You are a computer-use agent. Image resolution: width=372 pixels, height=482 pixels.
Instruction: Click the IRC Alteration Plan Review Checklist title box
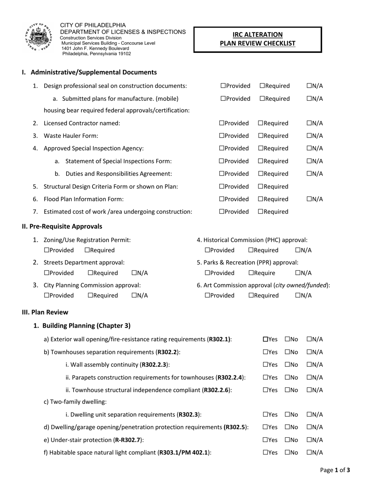[x=257, y=39]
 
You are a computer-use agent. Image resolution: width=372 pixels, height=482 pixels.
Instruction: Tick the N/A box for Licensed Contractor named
[x=309, y=123]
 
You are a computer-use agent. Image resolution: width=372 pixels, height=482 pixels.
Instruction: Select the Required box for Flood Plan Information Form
[x=260, y=199]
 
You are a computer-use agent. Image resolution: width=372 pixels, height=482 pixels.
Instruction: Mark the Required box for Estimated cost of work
[x=260, y=212]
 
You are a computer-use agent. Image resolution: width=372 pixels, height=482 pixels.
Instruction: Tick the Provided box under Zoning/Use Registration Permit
[x=47, y=250]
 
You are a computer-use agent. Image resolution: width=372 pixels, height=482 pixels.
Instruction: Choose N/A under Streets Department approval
[x=134, y=273]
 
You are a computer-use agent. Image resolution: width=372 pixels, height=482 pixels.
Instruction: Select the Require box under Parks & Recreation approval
[x=251, y=273]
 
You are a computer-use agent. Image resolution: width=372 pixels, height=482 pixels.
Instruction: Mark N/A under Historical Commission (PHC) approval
[x=298, y=250]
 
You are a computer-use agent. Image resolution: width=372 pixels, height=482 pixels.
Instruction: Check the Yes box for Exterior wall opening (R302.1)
[x=265, y=339]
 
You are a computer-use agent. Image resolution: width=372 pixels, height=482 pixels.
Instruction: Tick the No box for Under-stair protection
[x=287, y=440]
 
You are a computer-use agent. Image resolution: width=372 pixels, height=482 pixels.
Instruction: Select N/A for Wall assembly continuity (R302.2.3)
[x=309, y=364]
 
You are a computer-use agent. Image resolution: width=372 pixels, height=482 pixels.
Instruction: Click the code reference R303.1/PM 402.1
[x=184, y=453]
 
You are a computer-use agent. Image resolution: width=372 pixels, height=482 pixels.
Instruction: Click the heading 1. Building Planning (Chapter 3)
[x=82, y=326]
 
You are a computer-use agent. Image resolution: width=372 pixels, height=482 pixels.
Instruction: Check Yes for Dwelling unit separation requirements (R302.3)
[x=265, y=415]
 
